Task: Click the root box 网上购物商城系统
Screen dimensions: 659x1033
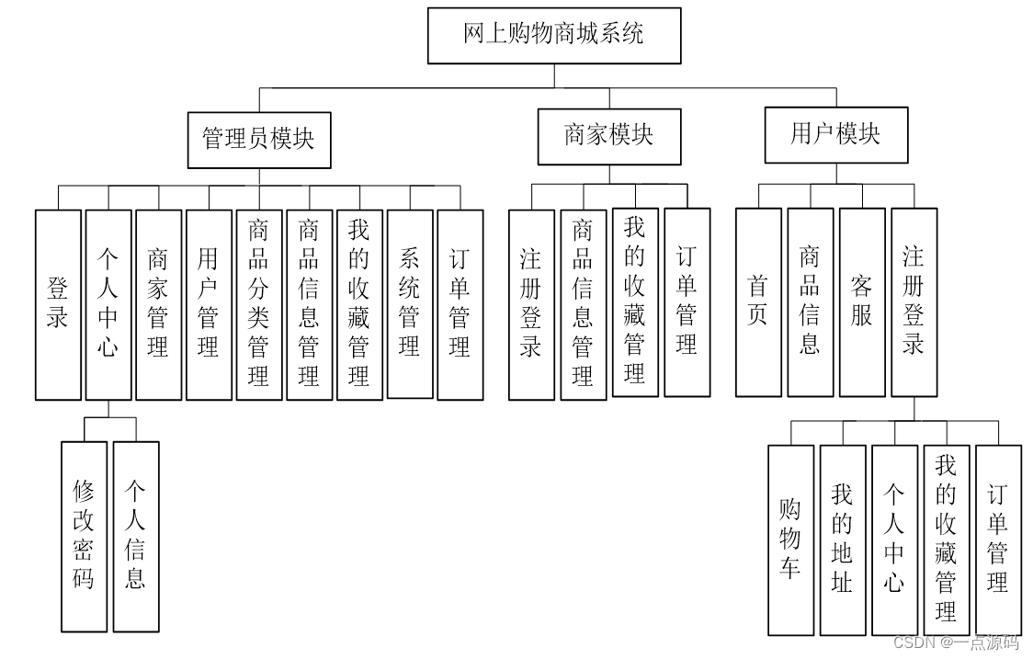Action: [554, 36]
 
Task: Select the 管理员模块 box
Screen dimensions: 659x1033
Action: [259, 139]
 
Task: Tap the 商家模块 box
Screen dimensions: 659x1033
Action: [609, 136]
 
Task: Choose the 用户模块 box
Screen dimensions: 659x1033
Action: [836, 134]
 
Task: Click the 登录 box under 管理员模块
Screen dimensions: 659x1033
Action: [58, 305]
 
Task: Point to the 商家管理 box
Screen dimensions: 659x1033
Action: [158, 305]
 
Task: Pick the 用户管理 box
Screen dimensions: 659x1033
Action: [209, 305]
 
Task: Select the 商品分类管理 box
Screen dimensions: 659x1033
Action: [259, 305]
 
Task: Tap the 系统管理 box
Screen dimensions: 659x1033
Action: [410, 304]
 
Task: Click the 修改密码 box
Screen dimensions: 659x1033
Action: [84, 537]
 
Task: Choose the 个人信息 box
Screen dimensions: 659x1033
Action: [136, 537]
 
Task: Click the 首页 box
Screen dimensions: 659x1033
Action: [758, 302]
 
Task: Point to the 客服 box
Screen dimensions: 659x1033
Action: [862, 302]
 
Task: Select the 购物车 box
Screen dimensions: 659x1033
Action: [790, 540]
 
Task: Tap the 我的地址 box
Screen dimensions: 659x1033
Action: [843, 540]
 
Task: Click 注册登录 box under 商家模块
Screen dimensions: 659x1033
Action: [531, 305]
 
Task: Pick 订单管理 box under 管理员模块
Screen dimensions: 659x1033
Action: [460, 305]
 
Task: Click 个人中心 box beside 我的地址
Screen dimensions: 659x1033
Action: [894, 540]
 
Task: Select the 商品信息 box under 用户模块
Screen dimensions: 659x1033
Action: [810, 302]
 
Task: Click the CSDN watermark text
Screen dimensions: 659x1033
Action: [956, 643]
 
